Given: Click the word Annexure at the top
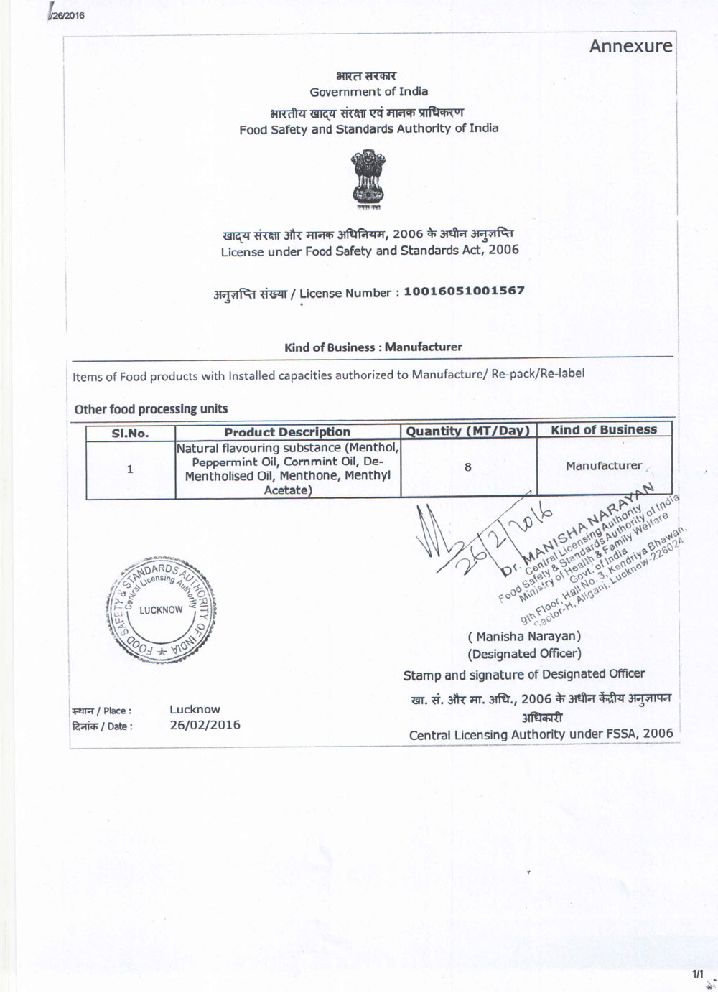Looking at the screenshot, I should tap(631, 47).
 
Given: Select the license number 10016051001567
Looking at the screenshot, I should tap(464, 291).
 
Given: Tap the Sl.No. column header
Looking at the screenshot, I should tap(130, 433).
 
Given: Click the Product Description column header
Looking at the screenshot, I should tap(287, 432).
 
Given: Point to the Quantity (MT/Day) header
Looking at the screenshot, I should tap(467, 431).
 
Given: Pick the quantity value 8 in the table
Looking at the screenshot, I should tap(468, 467).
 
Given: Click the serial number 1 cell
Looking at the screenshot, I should tap(130, 469).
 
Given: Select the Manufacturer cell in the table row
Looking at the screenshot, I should tap(604, 466).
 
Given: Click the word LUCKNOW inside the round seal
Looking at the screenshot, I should tap(161, 609).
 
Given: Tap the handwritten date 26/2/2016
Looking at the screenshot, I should tap(503, 538).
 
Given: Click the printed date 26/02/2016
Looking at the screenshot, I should tap(205, 725).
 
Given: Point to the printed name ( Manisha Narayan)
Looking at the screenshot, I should tap(524, 636).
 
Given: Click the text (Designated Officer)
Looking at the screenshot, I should tap(524, 653).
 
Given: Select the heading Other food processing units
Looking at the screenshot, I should tap(151, 409).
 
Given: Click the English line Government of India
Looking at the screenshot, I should tap(368, 92).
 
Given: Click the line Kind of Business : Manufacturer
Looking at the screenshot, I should tap(373, 347).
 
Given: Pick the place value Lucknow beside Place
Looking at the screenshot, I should tap(195, 709).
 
